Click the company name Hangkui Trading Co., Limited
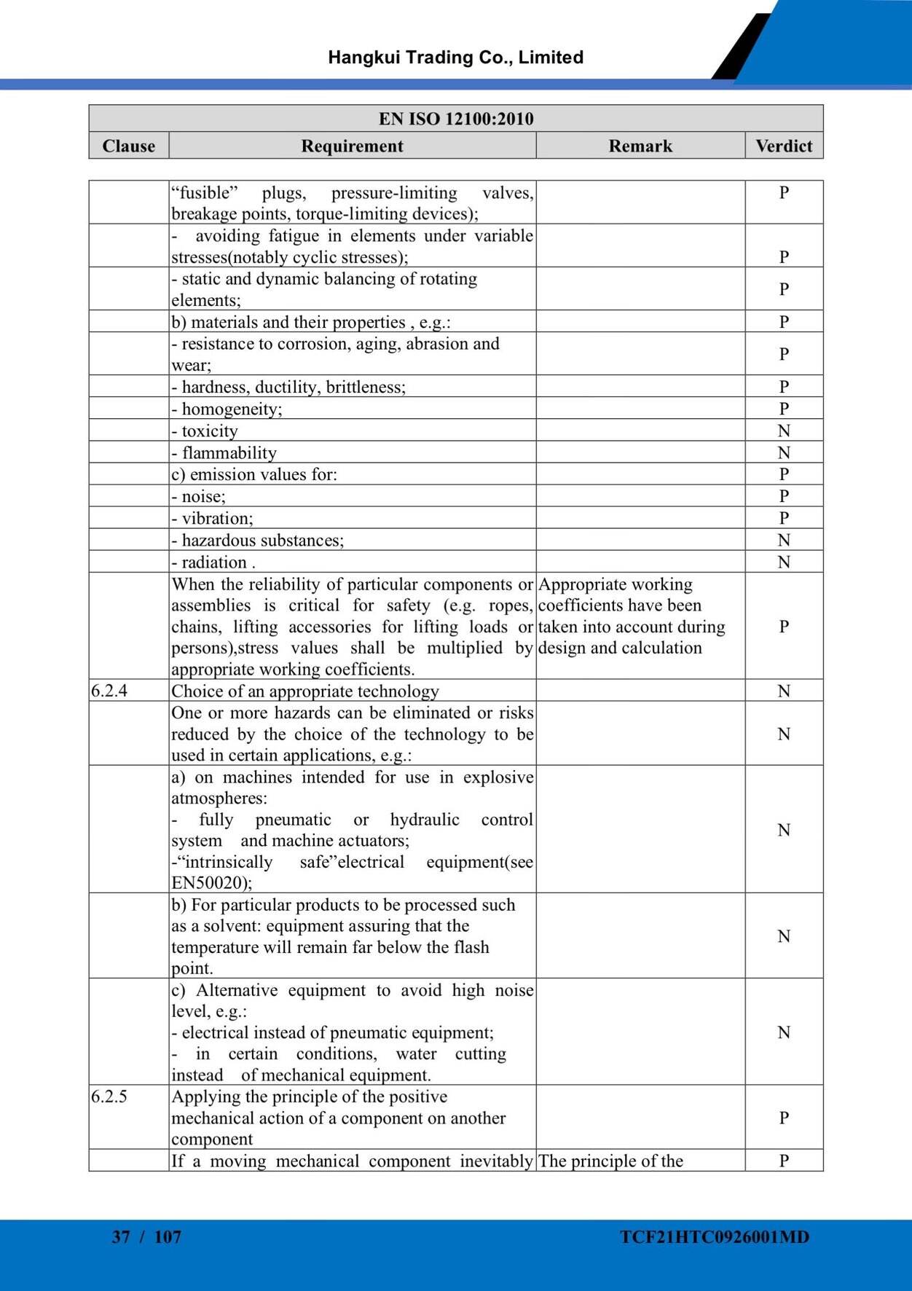point(455,58)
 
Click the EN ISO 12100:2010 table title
point(456,119)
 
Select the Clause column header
point(129,146)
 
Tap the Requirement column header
point(352,146)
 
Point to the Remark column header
point(640,146)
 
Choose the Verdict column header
point(784,146)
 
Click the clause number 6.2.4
point(109,691)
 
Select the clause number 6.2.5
point(109,1096)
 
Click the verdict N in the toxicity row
point(784,431)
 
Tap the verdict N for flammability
point(784,452)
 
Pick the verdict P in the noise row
point(784,496)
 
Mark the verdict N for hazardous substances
point(784,540)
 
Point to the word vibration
point(217,518)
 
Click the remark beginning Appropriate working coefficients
point(631,616)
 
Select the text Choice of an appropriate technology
point(305,691)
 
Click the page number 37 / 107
point(146,1236)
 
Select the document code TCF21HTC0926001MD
point(715,1236)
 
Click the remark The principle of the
point(610,1161)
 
